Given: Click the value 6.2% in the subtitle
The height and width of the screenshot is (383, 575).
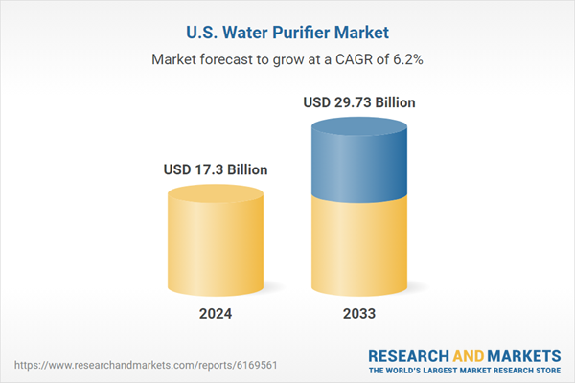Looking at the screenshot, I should click(x=405, y=58).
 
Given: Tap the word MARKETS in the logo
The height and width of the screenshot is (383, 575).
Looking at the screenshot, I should click(x=523, y=354).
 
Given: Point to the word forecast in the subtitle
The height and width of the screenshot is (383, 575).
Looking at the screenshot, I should click(x=235, y=58).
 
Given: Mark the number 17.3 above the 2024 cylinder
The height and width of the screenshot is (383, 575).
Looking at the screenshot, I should click(x=208, y=169).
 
